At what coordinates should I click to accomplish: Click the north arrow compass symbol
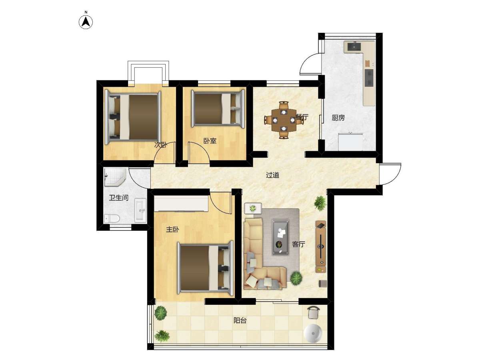point(86,22)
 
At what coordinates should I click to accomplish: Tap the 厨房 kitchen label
point(338,118)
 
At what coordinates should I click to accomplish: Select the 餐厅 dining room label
point(302,117)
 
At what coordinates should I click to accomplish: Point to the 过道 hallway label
point(272,175)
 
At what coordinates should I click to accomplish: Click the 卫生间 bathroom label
point(119,198)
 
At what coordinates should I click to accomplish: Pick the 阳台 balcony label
point(240,321)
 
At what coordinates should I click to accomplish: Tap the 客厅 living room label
point(298,244)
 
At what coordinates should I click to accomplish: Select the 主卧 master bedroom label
point(172,230)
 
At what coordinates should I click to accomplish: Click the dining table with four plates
point(284,120)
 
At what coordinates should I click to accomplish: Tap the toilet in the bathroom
point(112,218)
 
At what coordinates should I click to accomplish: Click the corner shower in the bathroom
point(114,177)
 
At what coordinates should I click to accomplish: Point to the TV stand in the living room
point(320,246)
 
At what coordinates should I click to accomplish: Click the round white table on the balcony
point(313,333)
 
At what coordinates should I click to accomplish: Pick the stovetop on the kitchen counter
point(369,77)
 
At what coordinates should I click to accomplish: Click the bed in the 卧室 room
point(218,109)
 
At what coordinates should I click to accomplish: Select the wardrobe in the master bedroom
point(181,204)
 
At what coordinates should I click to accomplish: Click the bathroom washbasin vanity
point(140,210)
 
